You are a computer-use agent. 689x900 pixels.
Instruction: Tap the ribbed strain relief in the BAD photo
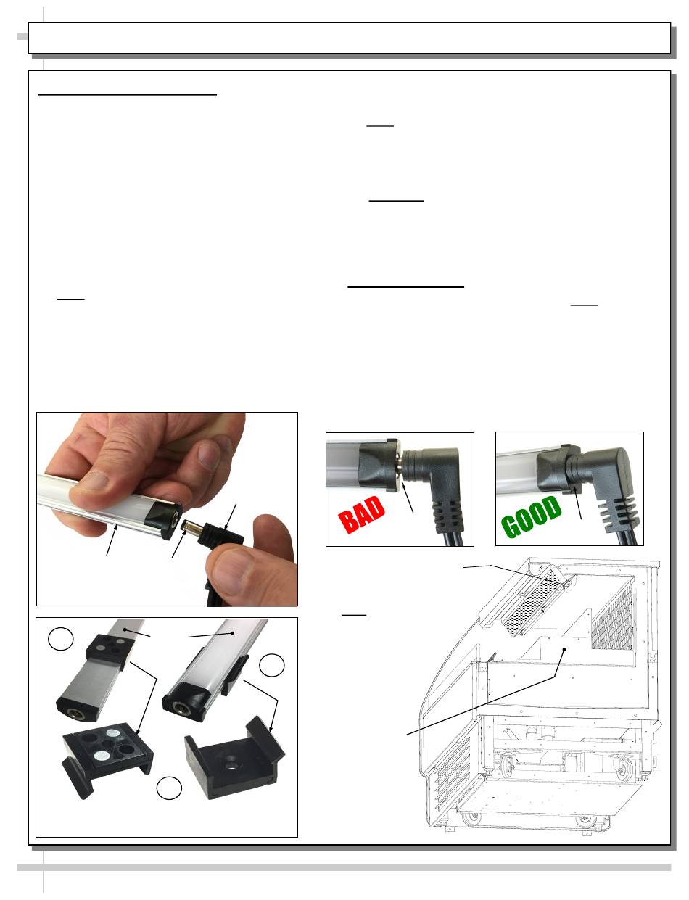[x=445, y=515]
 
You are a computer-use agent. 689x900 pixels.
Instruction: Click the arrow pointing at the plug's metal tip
[x=179, y=543]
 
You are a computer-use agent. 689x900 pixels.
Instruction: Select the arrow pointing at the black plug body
[x=230, y=517]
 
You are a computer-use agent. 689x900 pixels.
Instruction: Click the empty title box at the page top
[x=349, y=38]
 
